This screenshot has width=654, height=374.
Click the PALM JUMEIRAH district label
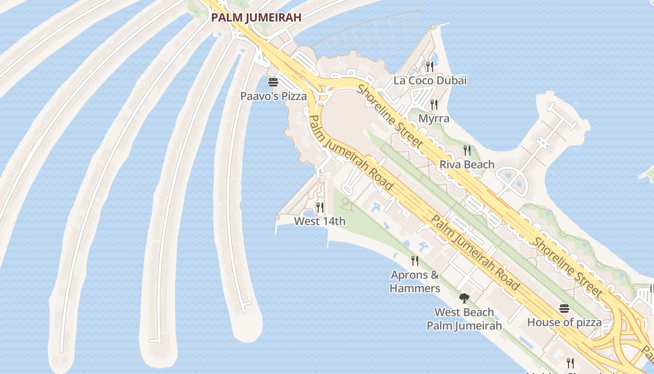click(x=256, y=18)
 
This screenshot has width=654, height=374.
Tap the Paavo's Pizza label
click(x=273, y=96)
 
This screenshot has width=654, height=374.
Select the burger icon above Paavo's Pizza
click(x=273, y=83)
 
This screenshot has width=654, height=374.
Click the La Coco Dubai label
click(x=430, y=80)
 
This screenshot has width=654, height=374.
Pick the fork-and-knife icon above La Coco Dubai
click(x=430, y=67)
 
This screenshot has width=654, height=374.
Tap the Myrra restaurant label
click(x=434, y=118)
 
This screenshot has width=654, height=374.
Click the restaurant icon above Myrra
click(x=434, y=105)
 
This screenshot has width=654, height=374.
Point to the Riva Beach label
click(x=467, y=164)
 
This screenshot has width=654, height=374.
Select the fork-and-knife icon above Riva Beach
click(x=467, y=151)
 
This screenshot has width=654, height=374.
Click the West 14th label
click(x=320, y=221)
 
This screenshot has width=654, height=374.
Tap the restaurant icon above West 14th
click(x=320, y=207)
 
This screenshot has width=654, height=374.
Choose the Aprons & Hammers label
click(x=415, y=281)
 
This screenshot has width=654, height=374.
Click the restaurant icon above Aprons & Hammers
click(x=415, y=261)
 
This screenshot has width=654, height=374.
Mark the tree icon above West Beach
click(x=464, y=298)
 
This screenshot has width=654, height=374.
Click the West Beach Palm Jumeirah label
click(x=464, y=319)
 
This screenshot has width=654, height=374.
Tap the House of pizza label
click(x=564, y=322)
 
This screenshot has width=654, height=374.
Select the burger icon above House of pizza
click(x=564, y=309)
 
